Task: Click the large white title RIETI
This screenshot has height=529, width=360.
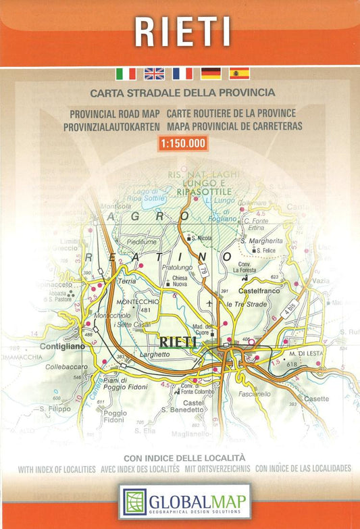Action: coord(182,30)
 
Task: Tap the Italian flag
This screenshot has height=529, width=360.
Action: coord(126,74)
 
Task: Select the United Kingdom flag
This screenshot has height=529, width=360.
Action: coord(154,74)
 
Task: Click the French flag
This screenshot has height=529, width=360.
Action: coord(182,74)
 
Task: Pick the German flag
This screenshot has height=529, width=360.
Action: coord(211,74)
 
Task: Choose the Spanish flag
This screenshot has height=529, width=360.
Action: coord(239,74)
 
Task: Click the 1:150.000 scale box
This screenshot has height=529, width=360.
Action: coord(182,143)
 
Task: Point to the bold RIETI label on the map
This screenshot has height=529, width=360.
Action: coord(178,342)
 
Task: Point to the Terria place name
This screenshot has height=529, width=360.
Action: coord(127,280)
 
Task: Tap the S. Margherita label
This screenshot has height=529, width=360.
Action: coord(261,241)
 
